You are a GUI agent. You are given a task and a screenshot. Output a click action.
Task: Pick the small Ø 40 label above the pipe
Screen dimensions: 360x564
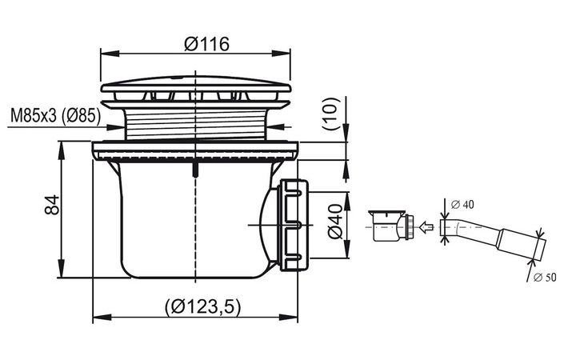pyautogui.click(x=462, y=204)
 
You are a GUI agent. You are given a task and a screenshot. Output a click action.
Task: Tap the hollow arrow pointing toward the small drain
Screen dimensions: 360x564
pyautogui.click(x=427, y=228)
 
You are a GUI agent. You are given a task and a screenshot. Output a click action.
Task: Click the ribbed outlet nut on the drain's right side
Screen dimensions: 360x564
pyautogui.click(x=292, y=224)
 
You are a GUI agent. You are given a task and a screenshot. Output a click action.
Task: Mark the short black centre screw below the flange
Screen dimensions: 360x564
pyautogui.click(x=195, y=167)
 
